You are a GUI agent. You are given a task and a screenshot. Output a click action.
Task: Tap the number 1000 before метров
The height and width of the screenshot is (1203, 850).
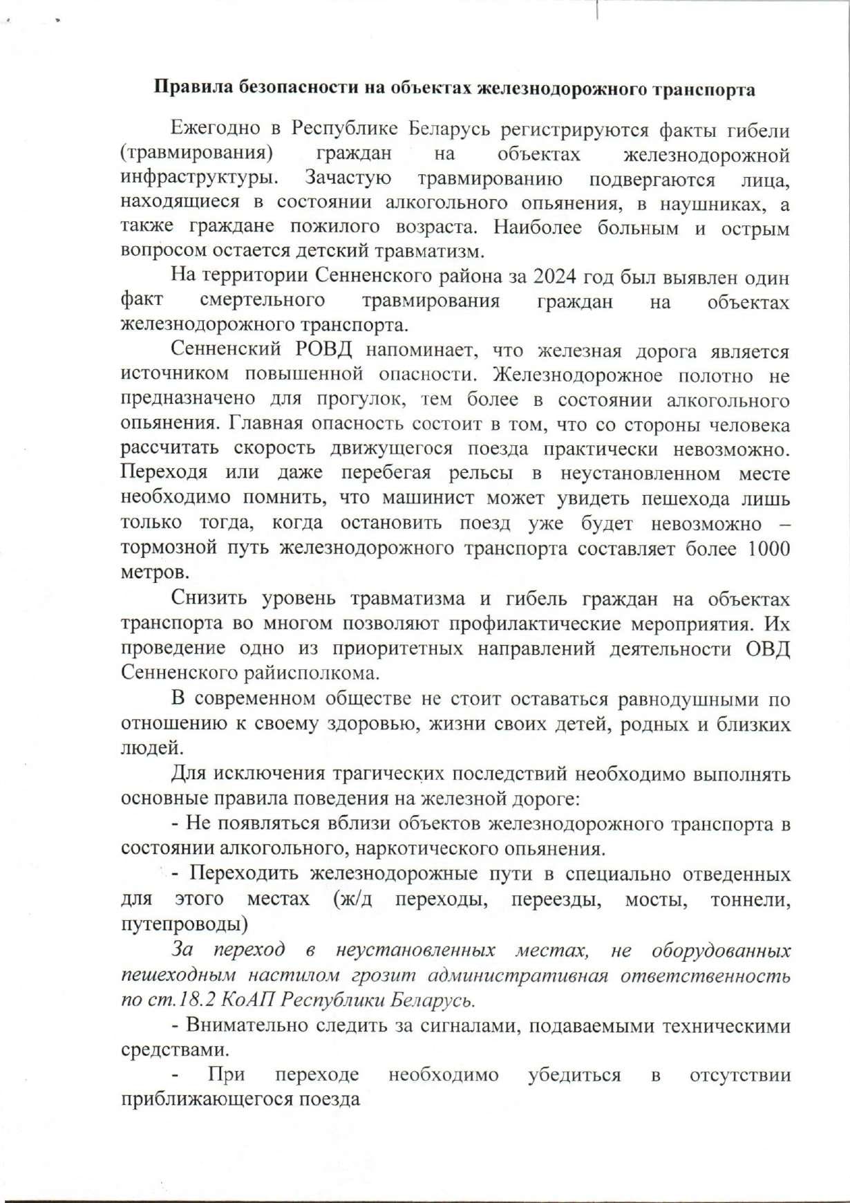tap(766, 548)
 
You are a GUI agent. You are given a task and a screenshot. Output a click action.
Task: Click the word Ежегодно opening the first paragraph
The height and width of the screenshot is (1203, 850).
tap(215, 129)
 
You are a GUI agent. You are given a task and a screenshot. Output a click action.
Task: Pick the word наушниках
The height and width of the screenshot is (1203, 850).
tap(712, 203)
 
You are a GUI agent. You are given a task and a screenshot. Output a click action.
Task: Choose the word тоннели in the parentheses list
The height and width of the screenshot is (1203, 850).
tap(749, 899)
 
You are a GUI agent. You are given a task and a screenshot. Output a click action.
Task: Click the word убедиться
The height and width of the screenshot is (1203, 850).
tap(574, 1075)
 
